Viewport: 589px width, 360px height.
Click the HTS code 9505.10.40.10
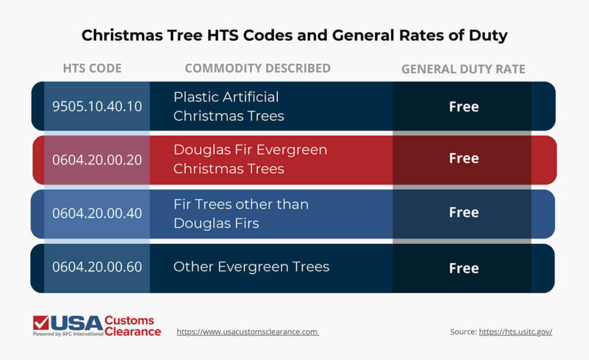tap(97, 106)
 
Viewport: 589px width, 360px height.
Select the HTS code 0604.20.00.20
tap(97, 160)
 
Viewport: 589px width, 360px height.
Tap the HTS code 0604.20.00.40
tap(97, 213)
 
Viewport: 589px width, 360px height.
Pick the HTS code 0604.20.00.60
tap(97, 267)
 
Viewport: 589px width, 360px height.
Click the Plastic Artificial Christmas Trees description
tap(228, 106)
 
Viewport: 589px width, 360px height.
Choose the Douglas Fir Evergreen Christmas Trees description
tap(250, 159)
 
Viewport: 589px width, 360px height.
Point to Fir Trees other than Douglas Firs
tap(240, 213)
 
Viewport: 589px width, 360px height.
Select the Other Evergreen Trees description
tap(251, 267)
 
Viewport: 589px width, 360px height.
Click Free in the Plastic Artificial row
tap(464, 107)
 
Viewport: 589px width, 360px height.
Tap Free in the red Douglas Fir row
tap(464, 158)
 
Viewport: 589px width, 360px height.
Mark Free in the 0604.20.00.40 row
tap(464, 212)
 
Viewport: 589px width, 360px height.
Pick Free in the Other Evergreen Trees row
tap(464, 268)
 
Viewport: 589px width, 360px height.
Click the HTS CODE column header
tap(92, 68)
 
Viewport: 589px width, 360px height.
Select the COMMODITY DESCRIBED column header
tap(257, 68)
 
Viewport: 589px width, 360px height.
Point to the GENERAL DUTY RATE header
tap(463, 70)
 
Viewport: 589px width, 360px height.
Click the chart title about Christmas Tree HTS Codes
tap(294, 35)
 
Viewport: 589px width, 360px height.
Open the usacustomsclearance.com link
tap(247, 332)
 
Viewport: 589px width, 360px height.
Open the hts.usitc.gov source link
tap(515, 332)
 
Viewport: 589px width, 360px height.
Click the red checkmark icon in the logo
tap(41, 322)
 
